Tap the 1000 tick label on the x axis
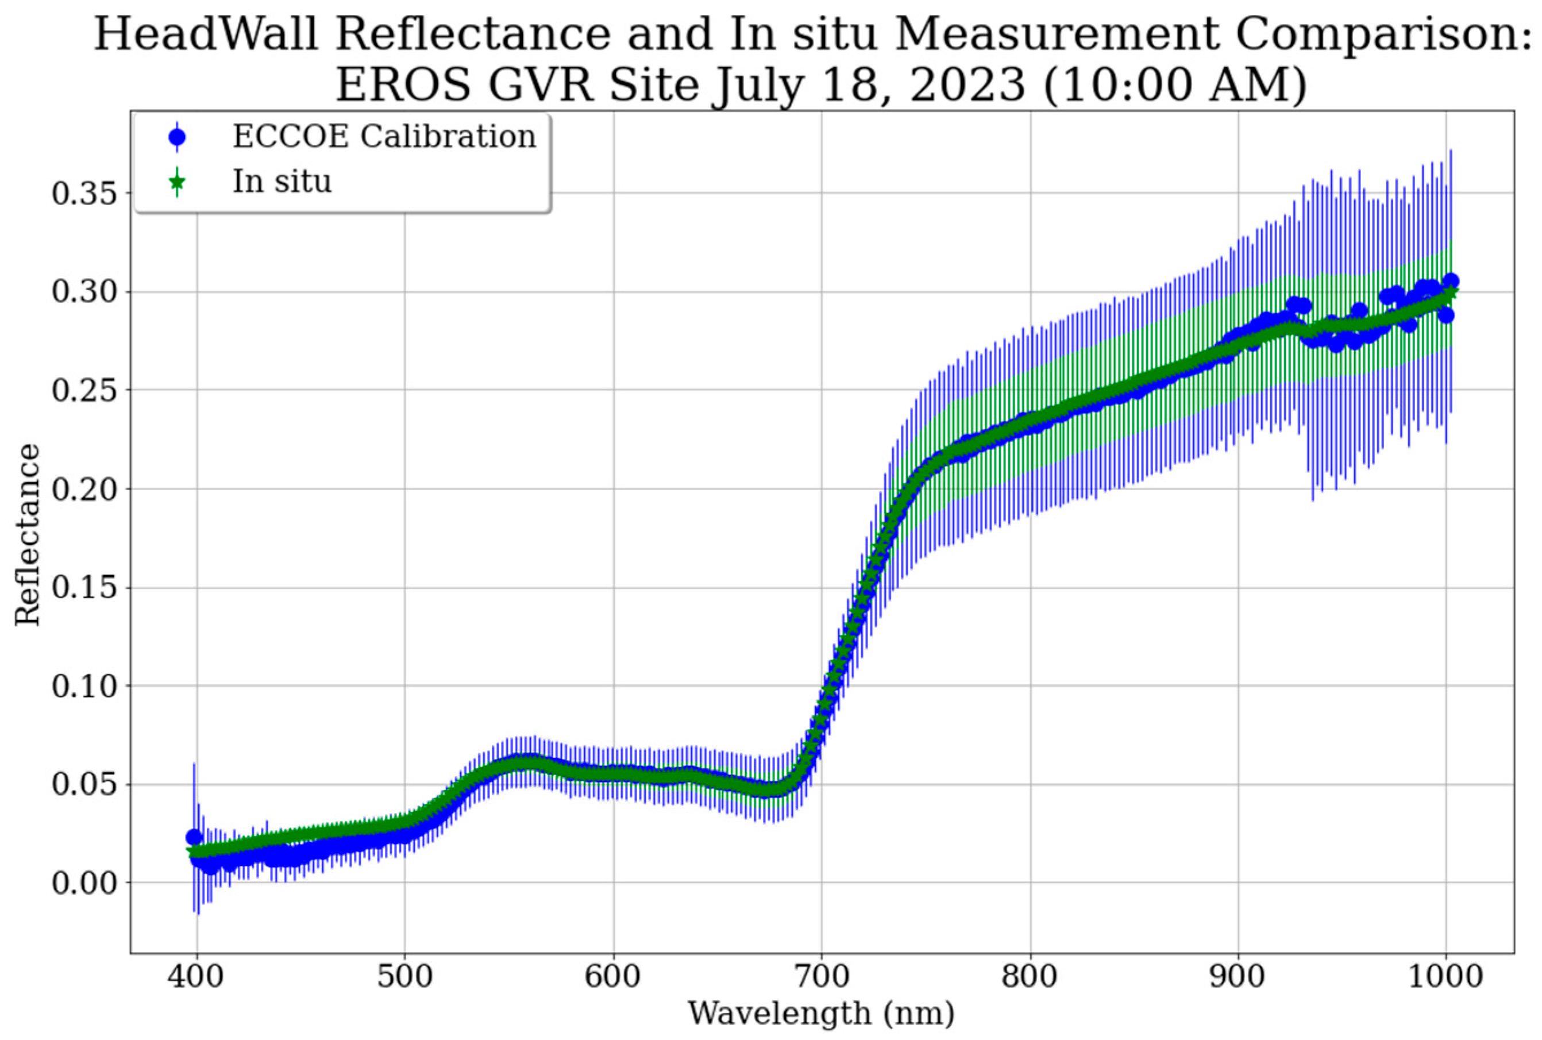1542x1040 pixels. click(x=1446, y=977)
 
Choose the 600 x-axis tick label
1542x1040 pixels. click(x=613, y=977)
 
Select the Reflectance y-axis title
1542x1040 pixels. click(x=28, y=534)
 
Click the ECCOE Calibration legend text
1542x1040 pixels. click(x=384, y=137)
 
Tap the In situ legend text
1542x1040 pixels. click(x=281, y=181)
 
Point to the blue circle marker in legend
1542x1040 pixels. click(x=177, y=137)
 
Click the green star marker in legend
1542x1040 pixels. click(x=177, y=181)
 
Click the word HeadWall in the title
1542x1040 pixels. click(x=206, y=34)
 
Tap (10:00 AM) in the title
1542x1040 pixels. click(x=1174, y=85)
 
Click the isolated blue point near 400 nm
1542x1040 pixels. click(x=194, y=837)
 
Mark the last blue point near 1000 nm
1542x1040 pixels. click(x=1451, y=280)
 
